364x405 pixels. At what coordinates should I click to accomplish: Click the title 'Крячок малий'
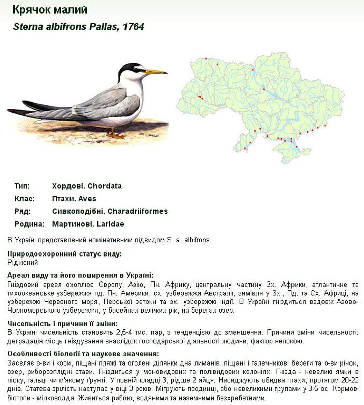pyautogui.click(x=50, y=10)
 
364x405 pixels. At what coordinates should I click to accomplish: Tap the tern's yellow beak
pyautogui.click(x=155, y=72)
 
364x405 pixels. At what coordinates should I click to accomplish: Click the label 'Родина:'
pyautogui.click(x=29, y=224)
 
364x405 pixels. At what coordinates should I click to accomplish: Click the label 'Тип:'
pyautogui.click(x=22, y=186)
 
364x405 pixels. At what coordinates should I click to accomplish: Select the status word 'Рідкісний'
pyautogui.click(x=23, y=262)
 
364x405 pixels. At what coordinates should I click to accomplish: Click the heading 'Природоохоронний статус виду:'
pyautogui.click(x=64, y=254)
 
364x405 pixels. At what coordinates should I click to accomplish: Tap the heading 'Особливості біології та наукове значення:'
pyautogui.click(x=83, y=354)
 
